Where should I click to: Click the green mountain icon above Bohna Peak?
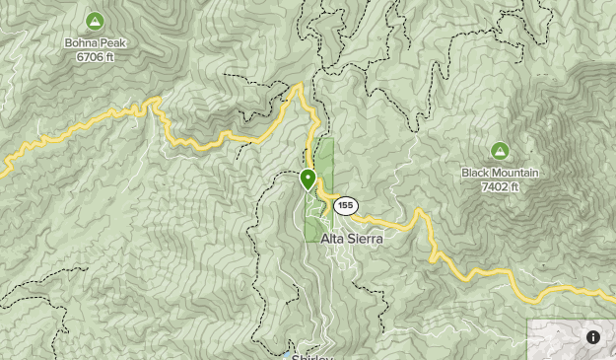tap(95, 21)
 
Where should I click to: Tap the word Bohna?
tap(82, 43)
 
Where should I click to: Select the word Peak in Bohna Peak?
tap(112, 43)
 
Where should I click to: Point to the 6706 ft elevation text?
tap(96, 56)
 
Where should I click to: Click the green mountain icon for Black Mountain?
tap(500, 151)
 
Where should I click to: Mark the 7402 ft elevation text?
tap(500, 186)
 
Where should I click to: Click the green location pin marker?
tap(308, 180)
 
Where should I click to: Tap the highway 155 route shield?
tap(344, 206)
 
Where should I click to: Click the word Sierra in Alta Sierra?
tap(365, 239)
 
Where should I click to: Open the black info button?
tap(593, 337)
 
